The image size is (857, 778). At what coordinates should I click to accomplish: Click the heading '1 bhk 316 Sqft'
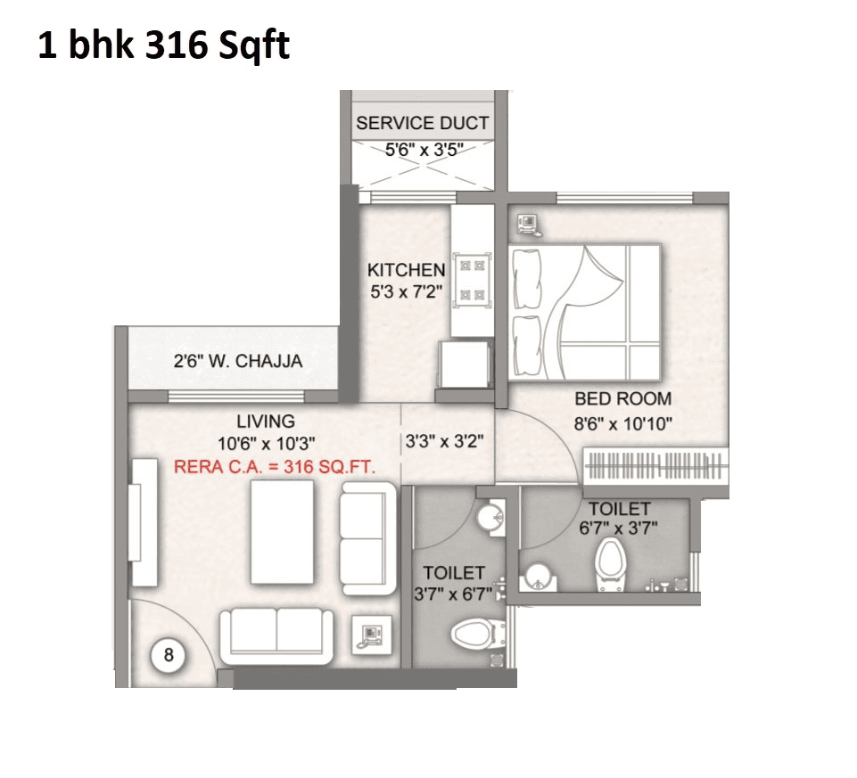click(x=163, y=45)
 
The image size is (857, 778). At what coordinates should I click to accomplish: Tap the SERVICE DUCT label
click(x=422, y=124)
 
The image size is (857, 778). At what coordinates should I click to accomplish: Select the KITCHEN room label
click(x=406, y=269)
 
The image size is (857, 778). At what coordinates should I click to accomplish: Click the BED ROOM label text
click(x=622, y=398)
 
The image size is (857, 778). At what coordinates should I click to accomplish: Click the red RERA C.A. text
click(x=275, y=465)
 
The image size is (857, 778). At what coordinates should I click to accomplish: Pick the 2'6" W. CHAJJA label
click(x=237, y=362)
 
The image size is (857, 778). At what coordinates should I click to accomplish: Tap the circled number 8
click(x=169, y=656)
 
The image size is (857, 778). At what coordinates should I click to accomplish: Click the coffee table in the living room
click(x=283, y=532)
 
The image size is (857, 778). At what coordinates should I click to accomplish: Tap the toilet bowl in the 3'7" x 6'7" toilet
click(x=471, y=635)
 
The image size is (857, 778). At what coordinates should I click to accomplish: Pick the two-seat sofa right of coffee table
click(x=367, y=537)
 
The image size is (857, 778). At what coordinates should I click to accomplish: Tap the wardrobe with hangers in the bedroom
click(x=655, y=466)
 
